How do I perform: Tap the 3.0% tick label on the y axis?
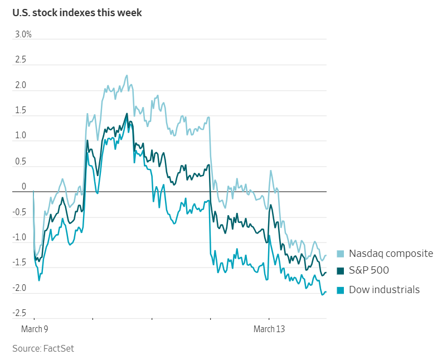(x=23, y=35)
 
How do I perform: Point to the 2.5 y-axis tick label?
(x=21, y=60)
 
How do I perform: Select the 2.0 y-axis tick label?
(x=21, y=85)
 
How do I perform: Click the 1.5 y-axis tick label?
(x=21, y=111)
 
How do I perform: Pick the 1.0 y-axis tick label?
(x=21, y=136)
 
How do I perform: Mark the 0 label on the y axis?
(x=23, y=187)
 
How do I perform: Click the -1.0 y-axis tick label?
(x=20, y=237)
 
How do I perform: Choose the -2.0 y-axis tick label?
(x=20, y=288)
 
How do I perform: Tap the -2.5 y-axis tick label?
(x=20, y=313)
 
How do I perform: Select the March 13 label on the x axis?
(x=269, y=329)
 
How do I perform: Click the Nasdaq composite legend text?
(x=391, y=254)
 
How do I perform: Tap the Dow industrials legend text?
(x=384, y=289)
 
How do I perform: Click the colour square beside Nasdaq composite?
(x=341, y=254)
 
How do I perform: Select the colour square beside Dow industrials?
(x=341, y=290)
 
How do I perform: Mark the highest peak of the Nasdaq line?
(x=127, y=75)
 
